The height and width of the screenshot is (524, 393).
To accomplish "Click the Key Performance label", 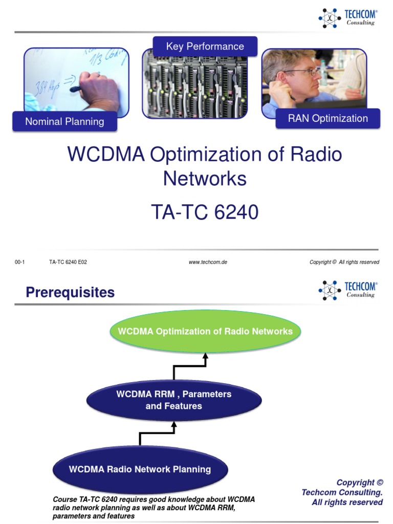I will (x=205, y=47).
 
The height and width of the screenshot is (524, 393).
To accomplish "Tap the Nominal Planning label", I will (x=64, y=122).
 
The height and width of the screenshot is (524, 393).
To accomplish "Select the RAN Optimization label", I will (x=327, y=119).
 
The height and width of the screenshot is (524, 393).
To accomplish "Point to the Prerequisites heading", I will (x=70, y=293).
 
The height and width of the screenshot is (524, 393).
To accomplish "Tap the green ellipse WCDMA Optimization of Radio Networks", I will (x=205, y=332).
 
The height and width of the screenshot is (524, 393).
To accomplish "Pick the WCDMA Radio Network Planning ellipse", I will (x=140, y=469).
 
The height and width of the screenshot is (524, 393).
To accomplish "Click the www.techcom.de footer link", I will (x=208, y=262).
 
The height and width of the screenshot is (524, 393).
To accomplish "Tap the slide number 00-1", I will (x=19, y=262).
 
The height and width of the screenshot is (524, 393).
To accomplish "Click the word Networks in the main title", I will (x=205, y=179).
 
